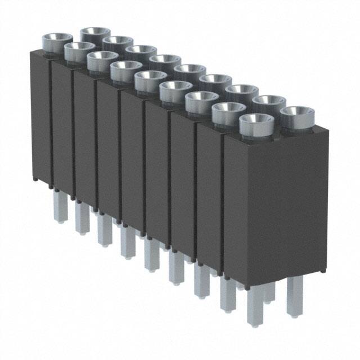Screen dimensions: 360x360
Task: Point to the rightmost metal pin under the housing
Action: (x=294, y=295)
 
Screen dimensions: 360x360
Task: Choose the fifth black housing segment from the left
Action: (x=132, y=163)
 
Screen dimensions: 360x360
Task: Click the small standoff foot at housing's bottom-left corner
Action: (x=35, y=179)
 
